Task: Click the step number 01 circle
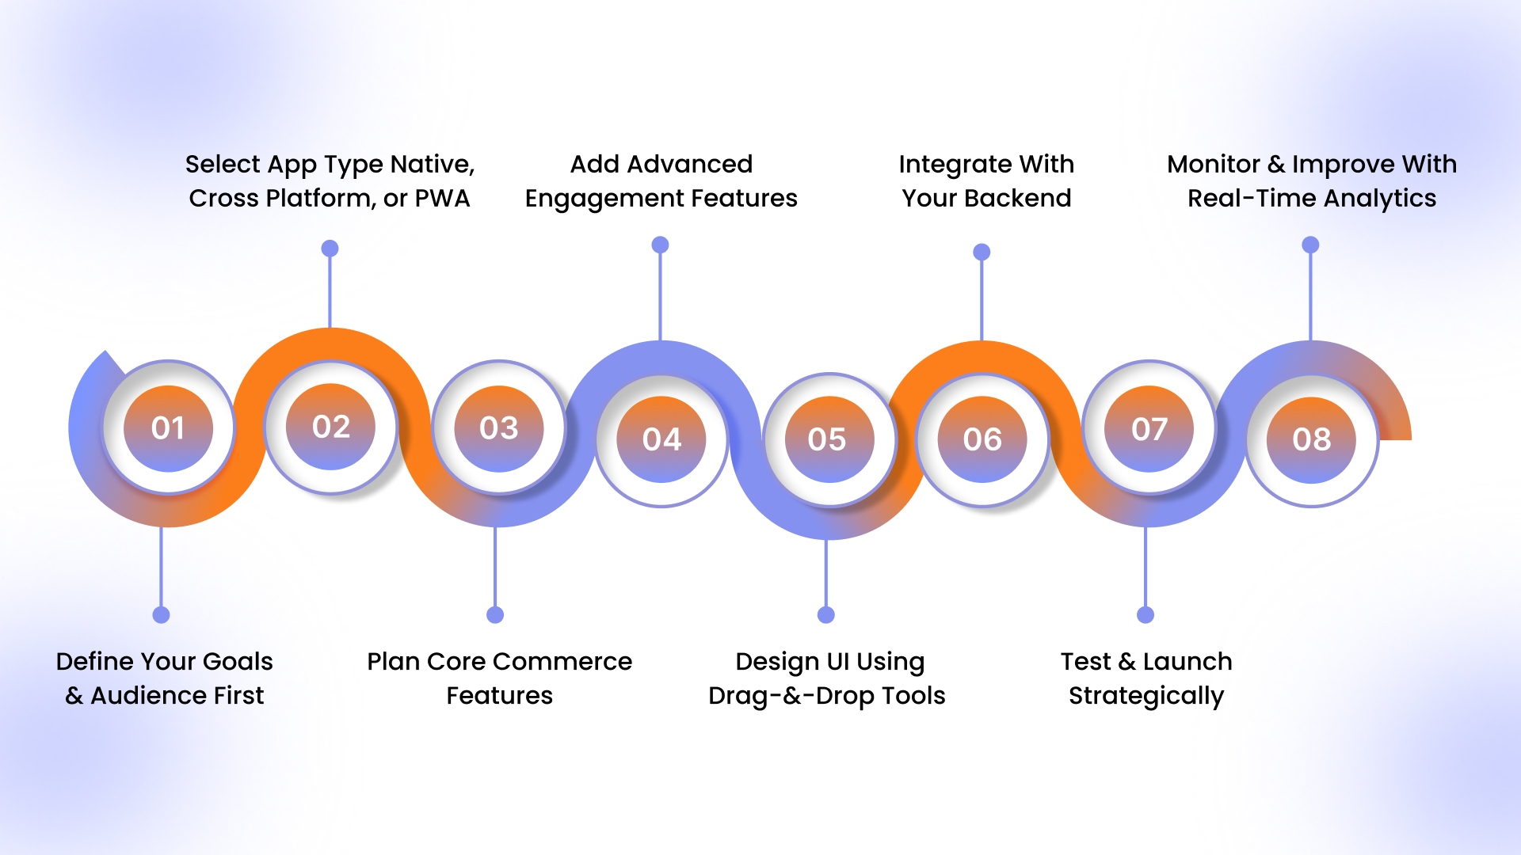[x=168, y=428]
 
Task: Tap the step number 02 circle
[x=331, y=427]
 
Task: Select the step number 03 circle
[x=498, y=428]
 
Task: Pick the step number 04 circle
[x=661, y=439]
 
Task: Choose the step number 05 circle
[x=827, y=439]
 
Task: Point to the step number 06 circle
[x=982, y=439]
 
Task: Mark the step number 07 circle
[x=1149, y=429]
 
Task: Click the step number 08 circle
[x=1312, y=439]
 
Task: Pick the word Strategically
[x=1146, y=696]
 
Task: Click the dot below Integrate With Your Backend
[x=982, y=253]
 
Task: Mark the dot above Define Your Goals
[x=162, y=615]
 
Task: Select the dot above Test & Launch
[x=1146, y=615]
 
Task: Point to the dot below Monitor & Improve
[x=1311, y=245]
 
